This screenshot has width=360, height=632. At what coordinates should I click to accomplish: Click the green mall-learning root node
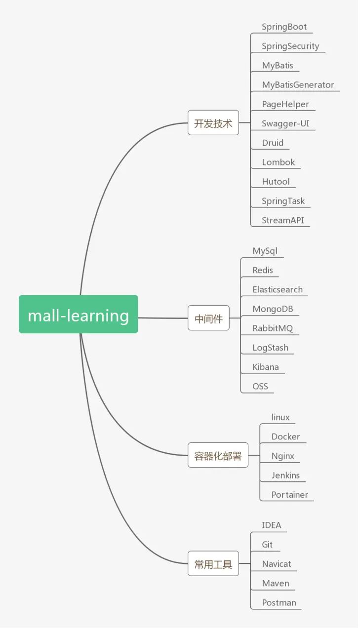point(78,315)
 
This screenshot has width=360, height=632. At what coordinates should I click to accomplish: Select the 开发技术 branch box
point(213,123)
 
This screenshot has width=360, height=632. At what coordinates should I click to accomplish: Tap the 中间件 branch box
point(208,318)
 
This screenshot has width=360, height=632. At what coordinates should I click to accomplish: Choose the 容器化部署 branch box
point(218,456)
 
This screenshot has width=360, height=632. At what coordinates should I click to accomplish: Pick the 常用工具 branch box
point(213,564)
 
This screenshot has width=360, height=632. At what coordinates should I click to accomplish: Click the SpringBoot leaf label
point(284,27)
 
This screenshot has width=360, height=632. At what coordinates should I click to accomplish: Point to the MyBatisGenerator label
point(298,85)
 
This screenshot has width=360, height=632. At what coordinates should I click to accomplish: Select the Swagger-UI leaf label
point(285,123)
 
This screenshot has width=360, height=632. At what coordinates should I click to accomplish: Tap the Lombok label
point(278,162)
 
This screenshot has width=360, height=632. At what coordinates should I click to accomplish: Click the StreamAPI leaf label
point(282,220)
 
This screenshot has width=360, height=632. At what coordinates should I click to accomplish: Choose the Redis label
point(263,270)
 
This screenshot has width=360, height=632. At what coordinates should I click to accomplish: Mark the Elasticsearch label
point(278,290)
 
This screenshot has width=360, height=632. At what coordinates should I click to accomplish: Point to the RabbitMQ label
point(273,328)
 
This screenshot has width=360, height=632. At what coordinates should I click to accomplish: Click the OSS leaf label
point(260,386)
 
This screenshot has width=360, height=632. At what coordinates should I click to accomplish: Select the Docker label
point(285,436)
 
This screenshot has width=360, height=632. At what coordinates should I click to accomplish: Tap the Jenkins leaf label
point(285,475)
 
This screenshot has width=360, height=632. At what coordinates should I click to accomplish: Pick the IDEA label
point(272,525)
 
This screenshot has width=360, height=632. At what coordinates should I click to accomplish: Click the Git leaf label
point(267,545)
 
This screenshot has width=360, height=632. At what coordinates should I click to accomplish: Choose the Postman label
point(279,603)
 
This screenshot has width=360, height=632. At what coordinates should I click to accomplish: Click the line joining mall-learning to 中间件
point(163,318)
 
